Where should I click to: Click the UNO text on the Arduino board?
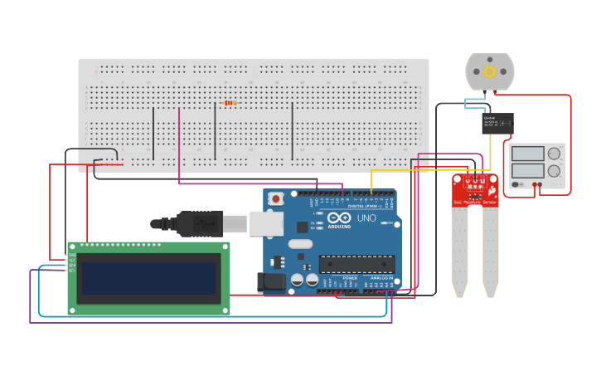pos(366,218)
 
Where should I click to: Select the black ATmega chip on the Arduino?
pos(356,264)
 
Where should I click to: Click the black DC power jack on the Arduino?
pos(270,282)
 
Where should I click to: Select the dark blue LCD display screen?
pos(148,279)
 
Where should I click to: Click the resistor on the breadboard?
pos(230,103)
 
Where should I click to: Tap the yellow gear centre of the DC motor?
pos(489,71)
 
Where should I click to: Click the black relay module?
pos(497,124)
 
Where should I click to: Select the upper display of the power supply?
pos(527,154)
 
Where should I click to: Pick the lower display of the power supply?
pos(527,171)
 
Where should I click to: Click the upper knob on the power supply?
pos(553,154)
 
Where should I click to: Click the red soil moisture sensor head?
pos(475,190)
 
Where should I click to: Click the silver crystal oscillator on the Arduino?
pos(300,244)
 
